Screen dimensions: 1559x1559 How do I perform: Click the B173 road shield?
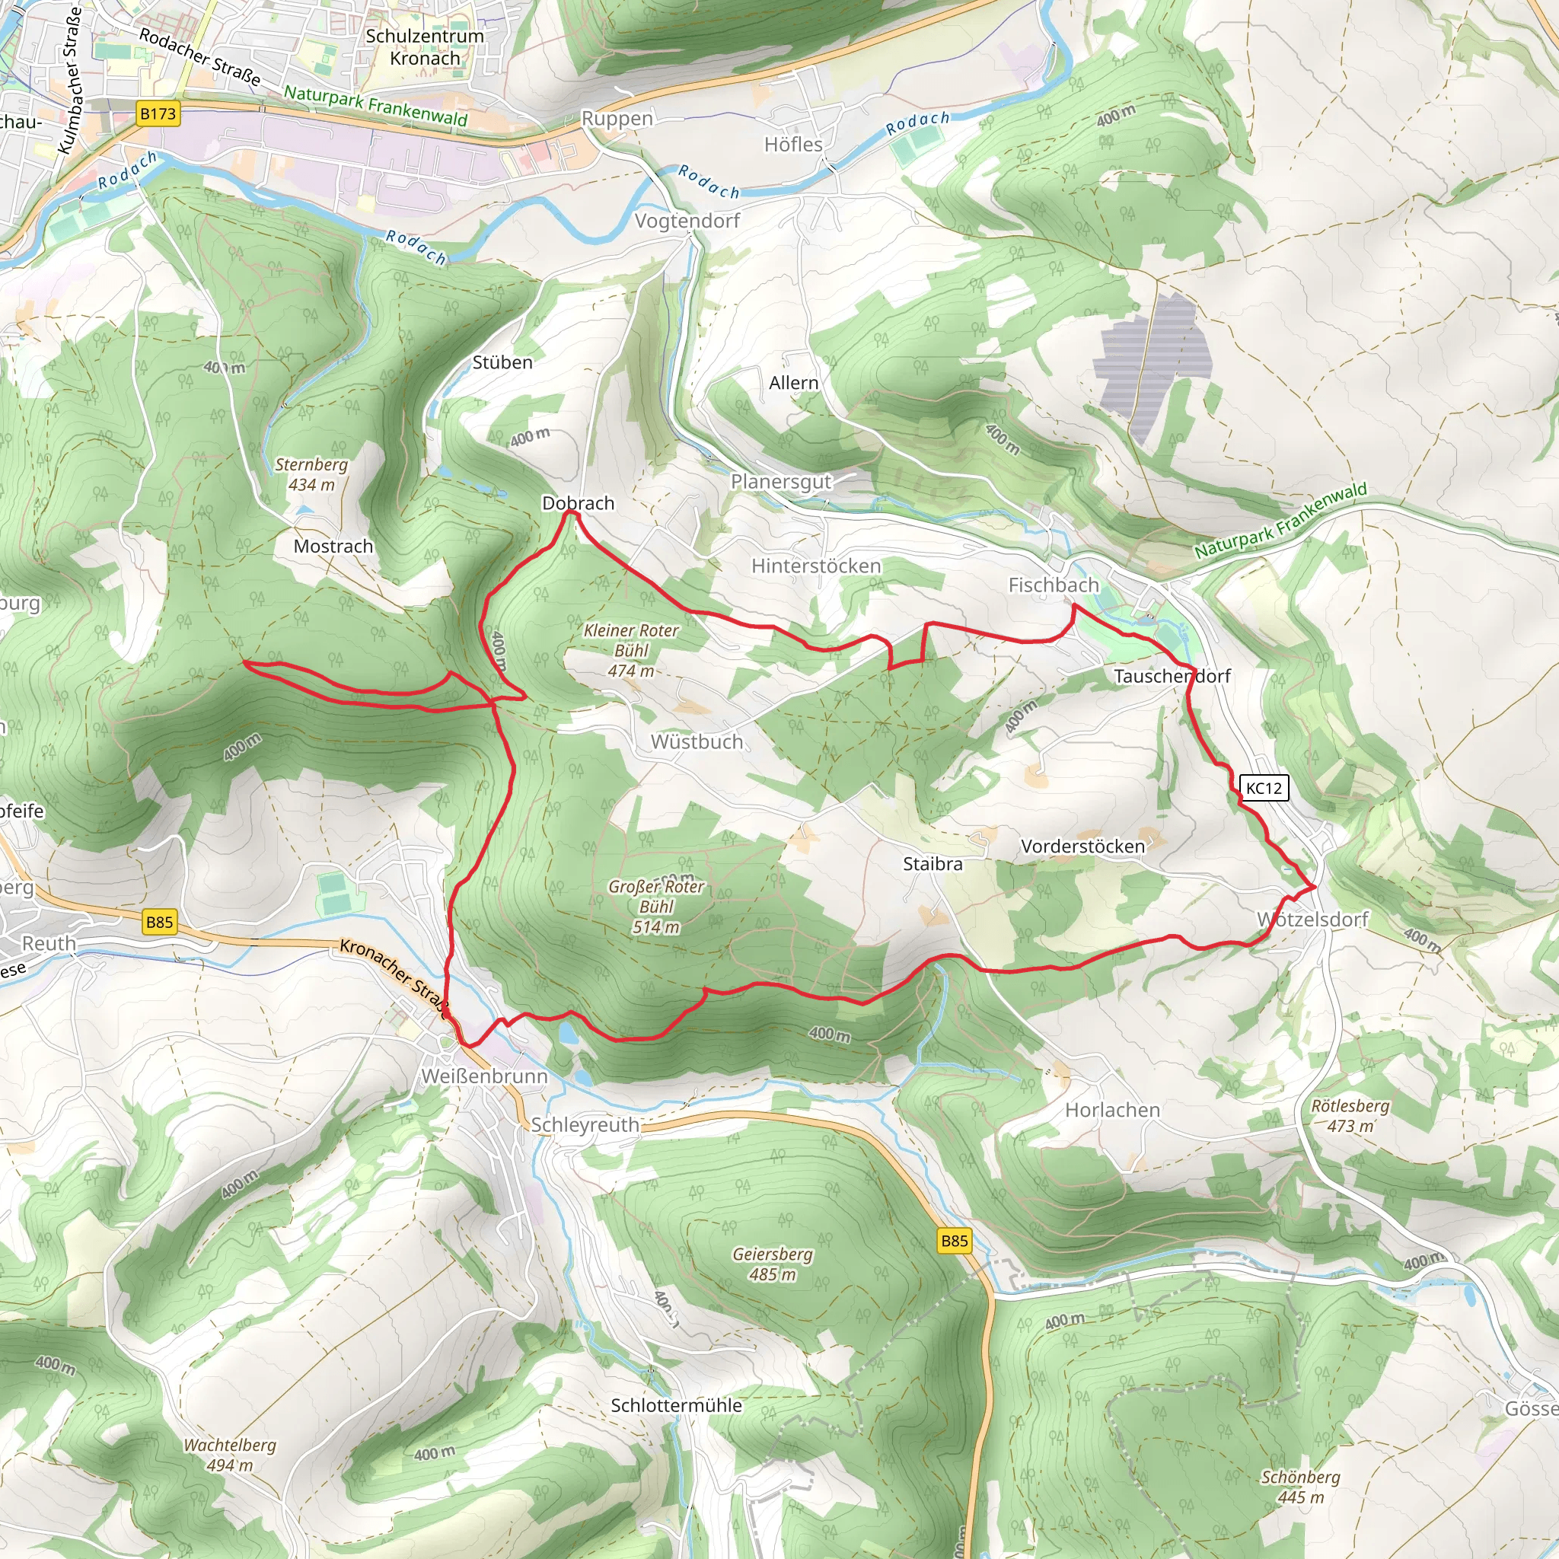(158, 113)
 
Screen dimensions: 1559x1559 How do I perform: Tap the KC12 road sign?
(1264, 789)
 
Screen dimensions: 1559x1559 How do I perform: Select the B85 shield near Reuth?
(159, 922)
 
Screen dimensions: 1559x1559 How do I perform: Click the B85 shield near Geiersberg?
(954, 1241)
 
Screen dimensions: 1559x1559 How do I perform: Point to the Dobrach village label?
(578, 503)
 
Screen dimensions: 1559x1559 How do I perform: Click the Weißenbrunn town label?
(484, 1076)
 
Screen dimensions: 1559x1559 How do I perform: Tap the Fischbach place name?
(1053, 585)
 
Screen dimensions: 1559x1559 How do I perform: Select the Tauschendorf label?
(1172, 676)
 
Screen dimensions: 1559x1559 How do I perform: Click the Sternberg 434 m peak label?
(311, 474)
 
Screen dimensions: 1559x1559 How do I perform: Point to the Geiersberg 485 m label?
(772, 1264)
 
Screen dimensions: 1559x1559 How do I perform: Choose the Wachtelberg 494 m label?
(230, 1455)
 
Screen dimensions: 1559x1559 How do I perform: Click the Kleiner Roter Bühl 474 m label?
(631, 650)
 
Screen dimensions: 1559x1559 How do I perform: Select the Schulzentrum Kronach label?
(425, 46)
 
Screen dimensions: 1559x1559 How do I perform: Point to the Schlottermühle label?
(676, 1406)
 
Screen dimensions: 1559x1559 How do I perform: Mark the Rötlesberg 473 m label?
(1350, 1115)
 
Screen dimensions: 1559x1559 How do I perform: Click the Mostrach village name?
(333, 547)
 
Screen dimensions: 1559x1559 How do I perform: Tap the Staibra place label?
(932, 864)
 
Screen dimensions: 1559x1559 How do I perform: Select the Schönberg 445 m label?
(1300, 1487)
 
